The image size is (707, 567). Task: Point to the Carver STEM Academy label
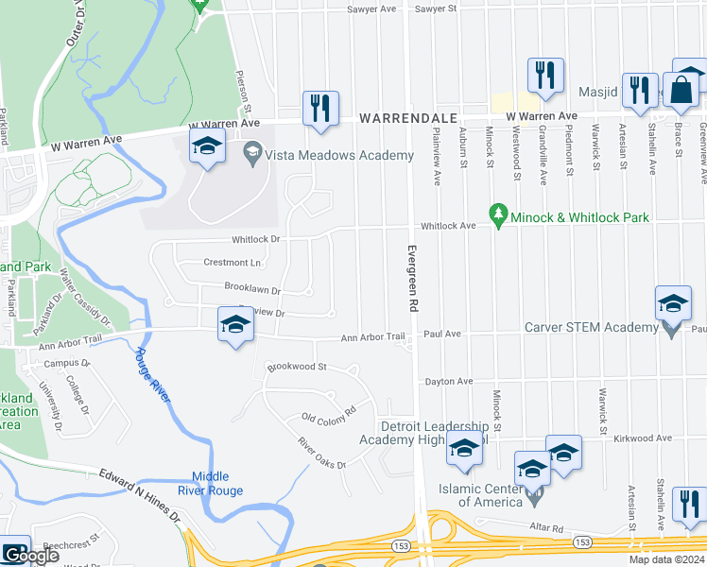point(591,328)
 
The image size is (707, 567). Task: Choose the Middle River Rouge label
point(217,484)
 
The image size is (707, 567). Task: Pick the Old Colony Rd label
point(327,414)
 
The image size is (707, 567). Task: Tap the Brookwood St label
point(297,367)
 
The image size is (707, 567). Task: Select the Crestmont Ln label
point(232,263)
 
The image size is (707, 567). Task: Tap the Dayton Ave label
point(447,382)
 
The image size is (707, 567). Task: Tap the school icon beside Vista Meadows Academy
point(206,146)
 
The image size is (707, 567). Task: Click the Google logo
point(30,557)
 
